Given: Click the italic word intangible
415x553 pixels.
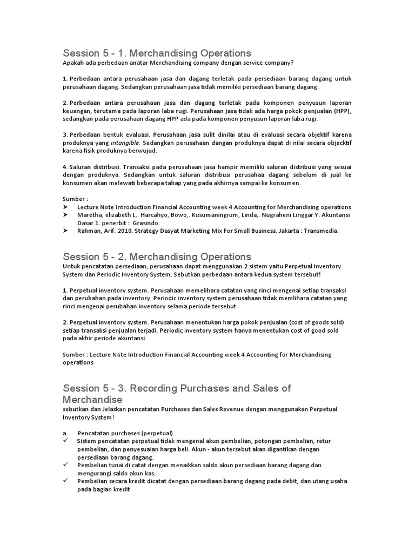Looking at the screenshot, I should pyautogui.click(x=125, y=143).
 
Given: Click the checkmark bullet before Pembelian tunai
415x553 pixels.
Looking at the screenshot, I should pyautogui.click(x=65, y=464).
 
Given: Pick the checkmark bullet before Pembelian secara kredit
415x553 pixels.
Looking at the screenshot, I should pyautogui.click(x=65, y=481).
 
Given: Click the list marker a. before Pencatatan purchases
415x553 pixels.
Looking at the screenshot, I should pyautogui.click(x=65, y=433).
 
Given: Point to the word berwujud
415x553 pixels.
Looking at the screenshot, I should pyautogui.click(x=142, y=151).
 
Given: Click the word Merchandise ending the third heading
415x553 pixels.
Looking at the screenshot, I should pyautogui.click(x=92, y=400).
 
